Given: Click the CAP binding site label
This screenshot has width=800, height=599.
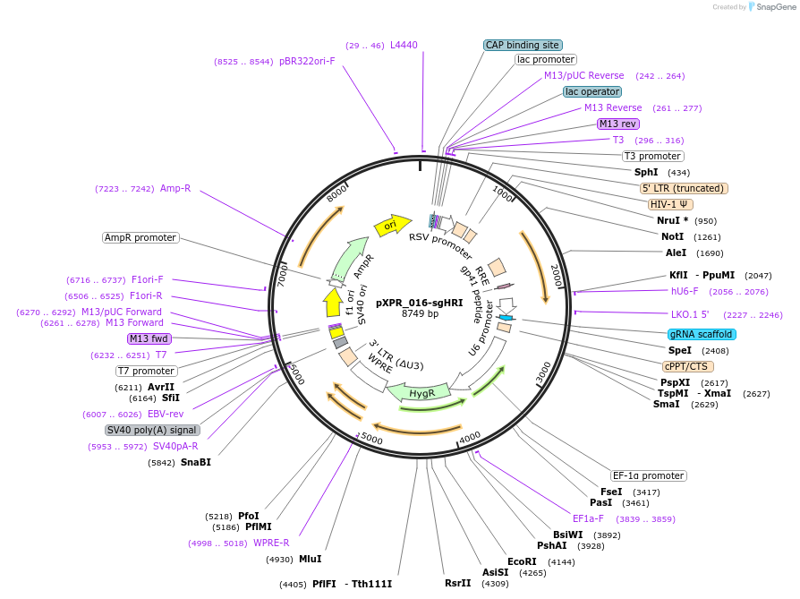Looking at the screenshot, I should coord(523,45).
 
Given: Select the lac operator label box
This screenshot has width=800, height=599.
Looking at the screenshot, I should coord(592,91).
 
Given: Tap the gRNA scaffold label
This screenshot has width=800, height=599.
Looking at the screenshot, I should coord(702,334).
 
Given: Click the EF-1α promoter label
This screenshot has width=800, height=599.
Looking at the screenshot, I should coord(649,475).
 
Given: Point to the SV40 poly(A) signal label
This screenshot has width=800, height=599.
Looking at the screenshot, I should coord(152,430).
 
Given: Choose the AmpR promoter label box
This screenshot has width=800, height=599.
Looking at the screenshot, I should coord(140,237).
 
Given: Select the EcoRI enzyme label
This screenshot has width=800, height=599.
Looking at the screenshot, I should coord(522,561).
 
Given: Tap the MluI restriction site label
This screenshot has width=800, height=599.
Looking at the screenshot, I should coord(310,559).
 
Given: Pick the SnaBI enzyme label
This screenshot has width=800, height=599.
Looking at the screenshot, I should coord(196,463).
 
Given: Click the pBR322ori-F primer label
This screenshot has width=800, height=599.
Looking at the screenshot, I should coord(307,62).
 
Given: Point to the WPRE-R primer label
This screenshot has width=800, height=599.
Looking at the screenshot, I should coord(271,543).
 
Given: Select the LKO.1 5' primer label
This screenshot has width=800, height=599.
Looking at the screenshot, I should coord(689,314).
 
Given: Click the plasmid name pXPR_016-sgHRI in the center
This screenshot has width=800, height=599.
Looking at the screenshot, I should coord(419,303).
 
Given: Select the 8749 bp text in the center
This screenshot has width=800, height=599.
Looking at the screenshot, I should coord(420,314).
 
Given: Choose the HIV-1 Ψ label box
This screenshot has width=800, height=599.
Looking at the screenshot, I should coord(668,204).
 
